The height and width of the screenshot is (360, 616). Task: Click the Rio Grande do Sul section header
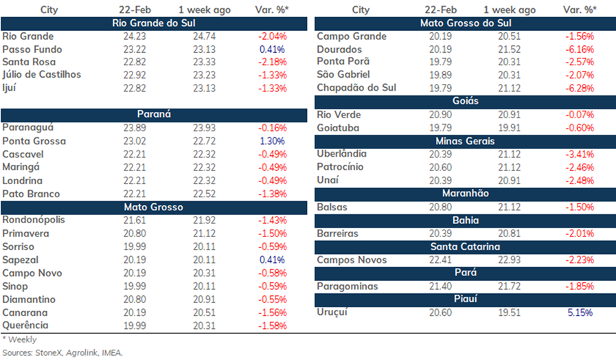point(154,23)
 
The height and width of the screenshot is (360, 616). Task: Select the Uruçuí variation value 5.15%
point(580,313)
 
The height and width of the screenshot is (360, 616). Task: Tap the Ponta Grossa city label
point(34,141)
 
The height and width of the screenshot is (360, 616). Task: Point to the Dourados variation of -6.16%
point(580,49)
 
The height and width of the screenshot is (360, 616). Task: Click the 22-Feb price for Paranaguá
point(135,128)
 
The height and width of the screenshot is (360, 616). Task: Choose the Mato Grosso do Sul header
point(465,23)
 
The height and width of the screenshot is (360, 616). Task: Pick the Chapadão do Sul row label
point(356,88)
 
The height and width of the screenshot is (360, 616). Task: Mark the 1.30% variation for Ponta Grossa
point(272,141)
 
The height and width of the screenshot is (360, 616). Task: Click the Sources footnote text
point(62,352)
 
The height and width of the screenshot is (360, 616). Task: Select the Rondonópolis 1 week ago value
point(204,220)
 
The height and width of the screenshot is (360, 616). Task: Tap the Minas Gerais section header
point(465,141)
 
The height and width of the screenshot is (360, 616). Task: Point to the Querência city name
point(25,326)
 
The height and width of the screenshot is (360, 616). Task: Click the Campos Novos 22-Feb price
point(440,260)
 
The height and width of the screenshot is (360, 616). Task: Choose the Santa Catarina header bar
point(465,247)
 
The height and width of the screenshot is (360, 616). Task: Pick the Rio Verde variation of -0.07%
point(580,115)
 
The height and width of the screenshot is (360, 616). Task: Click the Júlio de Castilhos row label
point(42,75)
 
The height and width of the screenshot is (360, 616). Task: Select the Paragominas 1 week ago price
point(509,286)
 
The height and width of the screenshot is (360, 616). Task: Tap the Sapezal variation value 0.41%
point(272,260)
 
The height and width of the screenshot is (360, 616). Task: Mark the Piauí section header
point(465,299)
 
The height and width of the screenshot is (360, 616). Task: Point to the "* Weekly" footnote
point(19,339)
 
